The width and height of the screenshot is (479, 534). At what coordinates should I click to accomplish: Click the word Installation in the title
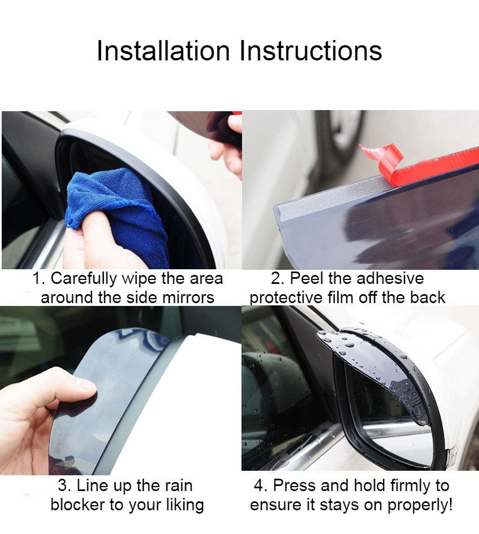[164, 51]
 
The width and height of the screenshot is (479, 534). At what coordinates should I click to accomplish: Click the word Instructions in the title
[311, 51]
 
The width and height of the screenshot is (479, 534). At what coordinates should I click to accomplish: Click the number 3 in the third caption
[63, 485]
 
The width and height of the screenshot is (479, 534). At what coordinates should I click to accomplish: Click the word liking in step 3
[185, 505]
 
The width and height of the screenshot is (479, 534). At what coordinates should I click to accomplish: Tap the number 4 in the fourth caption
[259, 485]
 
